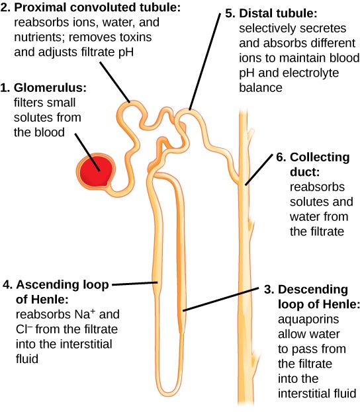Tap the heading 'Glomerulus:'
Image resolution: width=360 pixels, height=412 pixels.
click(x=53, y=88)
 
